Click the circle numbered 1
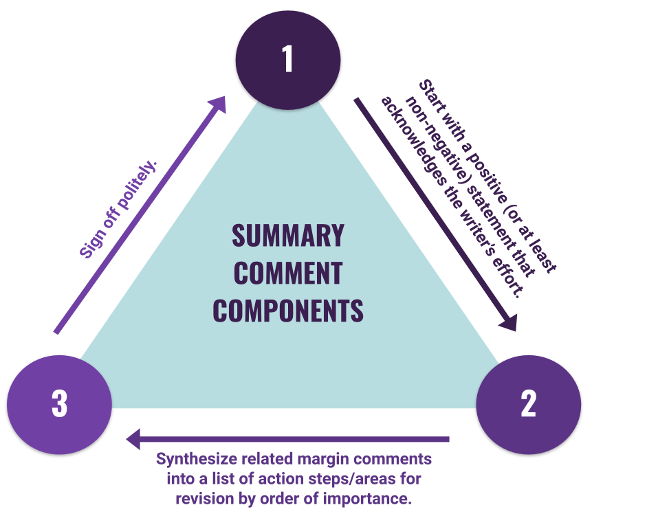coord(288,60)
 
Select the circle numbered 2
coord(528,404)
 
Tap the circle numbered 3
coord(59,404)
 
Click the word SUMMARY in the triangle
coord(288,236)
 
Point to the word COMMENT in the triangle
coord(288,273)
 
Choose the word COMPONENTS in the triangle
coord(288,311)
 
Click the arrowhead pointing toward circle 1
coord(217,104)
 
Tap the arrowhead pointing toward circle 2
coord(509,322)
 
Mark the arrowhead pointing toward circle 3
coord(133,439)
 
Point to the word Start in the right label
coord(430,96)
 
